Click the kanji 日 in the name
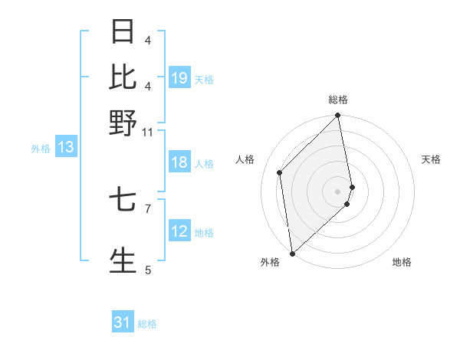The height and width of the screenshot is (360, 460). click(x=123, y=32)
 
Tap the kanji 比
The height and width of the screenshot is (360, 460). click(x=123, y=77)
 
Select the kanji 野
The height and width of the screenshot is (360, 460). click(x=123, y=122)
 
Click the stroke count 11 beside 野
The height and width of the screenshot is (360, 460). click(x=147, y=133)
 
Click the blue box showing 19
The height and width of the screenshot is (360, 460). click(x=179, y=77)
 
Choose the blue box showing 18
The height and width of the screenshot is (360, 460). click(x=179, y=162)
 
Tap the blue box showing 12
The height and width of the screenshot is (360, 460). click(x=179, y=231)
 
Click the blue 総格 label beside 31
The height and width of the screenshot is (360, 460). click(x=147, y=324)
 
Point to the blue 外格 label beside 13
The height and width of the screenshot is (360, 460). click(x=41, y=149)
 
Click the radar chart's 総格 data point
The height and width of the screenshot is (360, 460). click(x=338, y=116)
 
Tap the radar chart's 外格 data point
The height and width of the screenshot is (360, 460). click(x=292, y=253)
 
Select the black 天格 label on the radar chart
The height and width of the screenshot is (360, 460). click(x=431, y=159)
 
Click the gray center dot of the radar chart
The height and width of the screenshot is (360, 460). click(x=338, y=190)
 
